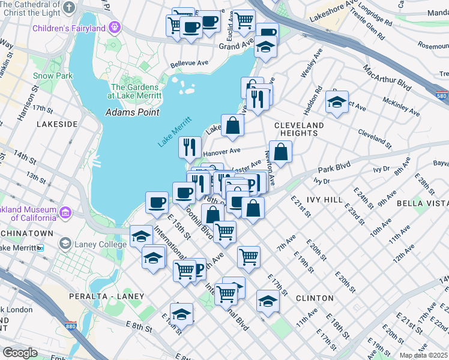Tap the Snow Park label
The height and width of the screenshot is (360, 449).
tap(53, 76)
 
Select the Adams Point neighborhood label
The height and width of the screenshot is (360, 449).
tap(132, 112)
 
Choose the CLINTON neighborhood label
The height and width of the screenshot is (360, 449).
tap(315, 298)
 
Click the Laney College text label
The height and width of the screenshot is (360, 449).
tap(98, 244)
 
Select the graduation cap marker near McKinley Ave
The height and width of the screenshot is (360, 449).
tap(337, 101)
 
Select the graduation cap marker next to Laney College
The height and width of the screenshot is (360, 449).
tap(141, 236)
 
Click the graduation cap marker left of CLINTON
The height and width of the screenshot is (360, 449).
tap(268, 301)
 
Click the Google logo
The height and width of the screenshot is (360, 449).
tap(20, 353)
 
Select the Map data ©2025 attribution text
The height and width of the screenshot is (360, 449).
tap(423, 355)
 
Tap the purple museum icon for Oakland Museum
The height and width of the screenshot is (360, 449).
tap(65, 212)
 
